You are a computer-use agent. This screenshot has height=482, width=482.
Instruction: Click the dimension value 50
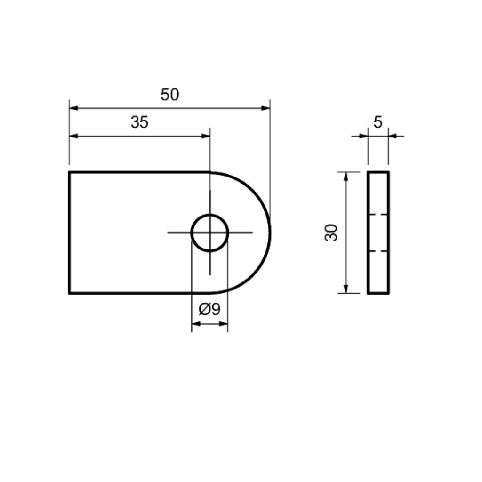pos(169,95)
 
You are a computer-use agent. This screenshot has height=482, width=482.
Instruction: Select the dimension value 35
pos(139,122)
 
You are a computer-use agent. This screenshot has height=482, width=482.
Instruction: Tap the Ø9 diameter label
pos(209,309)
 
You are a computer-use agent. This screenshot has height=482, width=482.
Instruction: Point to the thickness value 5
pos(378,122)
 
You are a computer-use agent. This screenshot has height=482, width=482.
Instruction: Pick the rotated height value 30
pos(331,233)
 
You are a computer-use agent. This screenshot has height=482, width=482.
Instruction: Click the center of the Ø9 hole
pos(210,233)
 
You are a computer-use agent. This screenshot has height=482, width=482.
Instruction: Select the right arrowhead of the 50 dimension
pos(265,108)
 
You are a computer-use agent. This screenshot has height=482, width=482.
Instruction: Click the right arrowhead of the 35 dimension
pos(206,136)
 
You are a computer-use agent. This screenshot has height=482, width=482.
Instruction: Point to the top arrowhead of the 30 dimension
pos(346,177)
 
